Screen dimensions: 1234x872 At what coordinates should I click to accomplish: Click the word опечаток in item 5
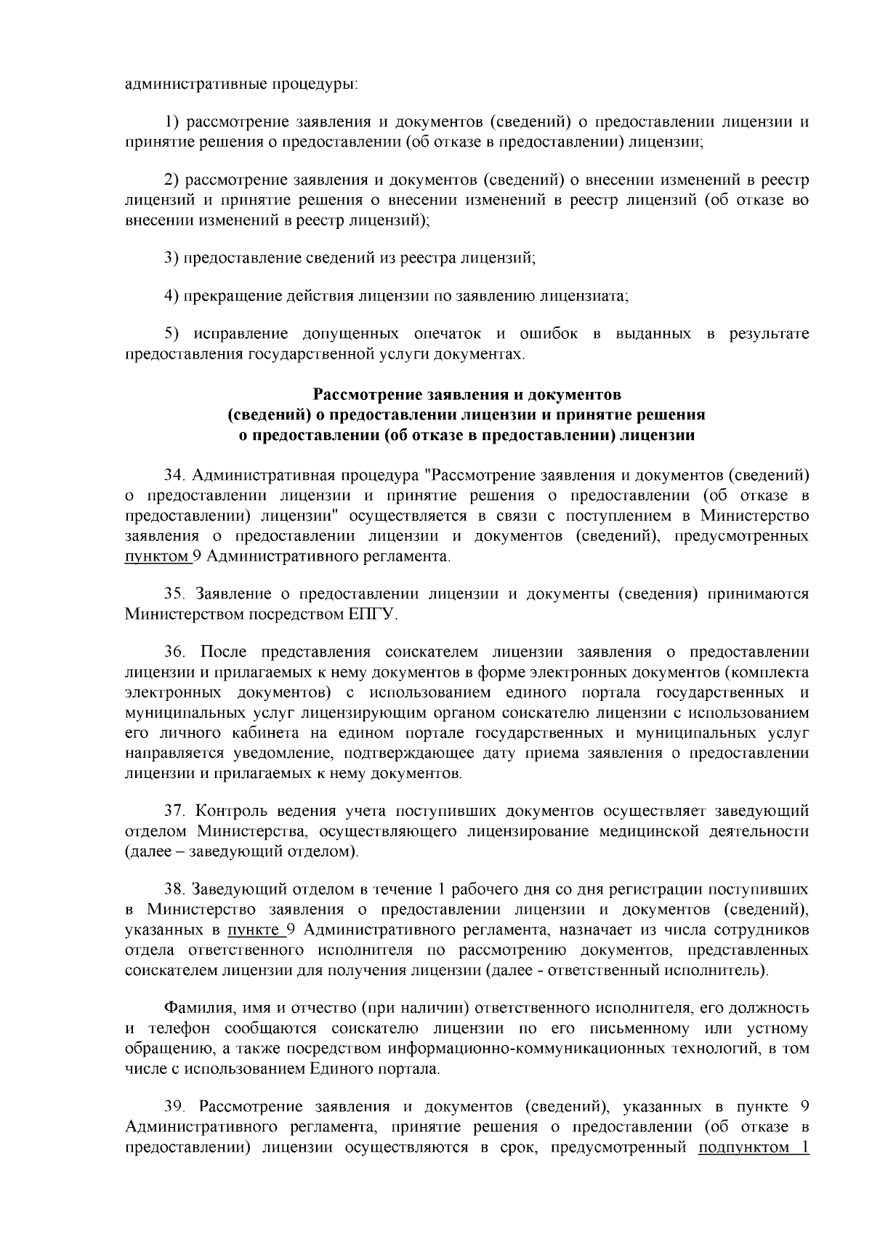(x=447, y=334)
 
